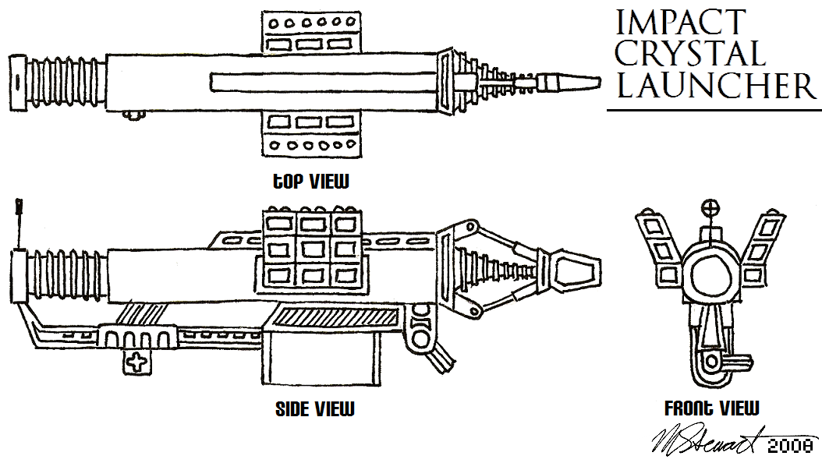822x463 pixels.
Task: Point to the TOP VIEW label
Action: coord(306,182)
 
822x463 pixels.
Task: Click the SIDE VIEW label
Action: coord(314,408)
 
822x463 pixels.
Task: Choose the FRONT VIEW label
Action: coord(711,408)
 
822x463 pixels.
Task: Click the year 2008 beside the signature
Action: coord(791,446)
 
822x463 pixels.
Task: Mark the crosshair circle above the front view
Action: coord(709,208)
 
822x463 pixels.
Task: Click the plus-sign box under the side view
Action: coord(136,362)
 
